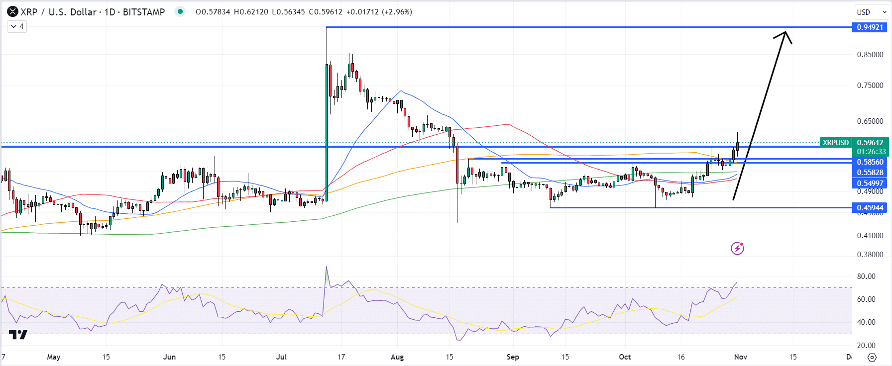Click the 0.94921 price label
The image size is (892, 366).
click(x=870, y=27)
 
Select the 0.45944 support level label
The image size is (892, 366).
click(x=870, y=208)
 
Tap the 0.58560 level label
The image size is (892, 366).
click(x=870, y=162)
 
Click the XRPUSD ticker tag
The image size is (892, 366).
click(x=836, y=143)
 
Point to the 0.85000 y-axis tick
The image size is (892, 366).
click(x=870, y=55)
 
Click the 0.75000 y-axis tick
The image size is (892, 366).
click(x=870, y=86)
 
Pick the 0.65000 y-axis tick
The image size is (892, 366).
click(x=870, y=121)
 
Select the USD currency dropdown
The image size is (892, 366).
click(x=871, y=12)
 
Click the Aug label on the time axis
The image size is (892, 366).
click(x=397, y=357)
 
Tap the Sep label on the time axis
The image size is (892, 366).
click(x=513, y=357)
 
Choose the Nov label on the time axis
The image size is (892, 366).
click(x=741, y=357)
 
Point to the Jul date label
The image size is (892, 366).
click(x=282, y=357)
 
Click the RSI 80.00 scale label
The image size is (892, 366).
click(x=866, y=276)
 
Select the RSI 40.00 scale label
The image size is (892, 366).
click(x=866, y=322)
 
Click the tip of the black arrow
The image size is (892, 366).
click(x=786, y=32)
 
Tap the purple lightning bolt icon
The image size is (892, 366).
click(x=737, y=248)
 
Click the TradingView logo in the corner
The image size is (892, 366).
click(x=18, y=335)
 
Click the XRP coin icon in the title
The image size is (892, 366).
click(x=12, y=12)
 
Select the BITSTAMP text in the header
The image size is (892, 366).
click(x=144, y=12)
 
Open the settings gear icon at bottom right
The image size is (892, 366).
click(x=872, y=357)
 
